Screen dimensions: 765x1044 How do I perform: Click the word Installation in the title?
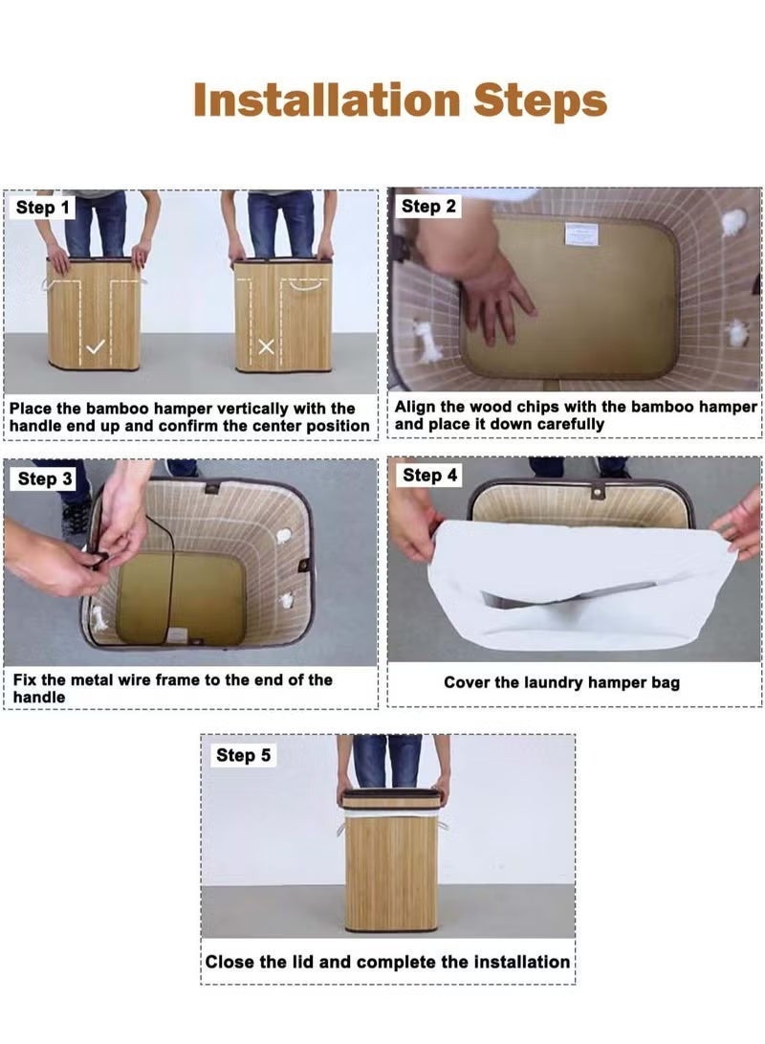(327, 100)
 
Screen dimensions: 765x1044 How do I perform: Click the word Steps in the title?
(540, 100)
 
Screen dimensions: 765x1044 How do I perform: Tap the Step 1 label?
(43, 207)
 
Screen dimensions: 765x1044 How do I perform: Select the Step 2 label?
(428, 207)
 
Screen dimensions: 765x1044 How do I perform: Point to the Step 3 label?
(45, 478)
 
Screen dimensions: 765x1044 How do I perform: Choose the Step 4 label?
(429, 476)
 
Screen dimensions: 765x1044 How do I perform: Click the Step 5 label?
(243, 755)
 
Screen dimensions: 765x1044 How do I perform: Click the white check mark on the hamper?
(96, 346)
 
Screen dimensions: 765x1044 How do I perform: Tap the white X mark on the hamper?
(266, 346)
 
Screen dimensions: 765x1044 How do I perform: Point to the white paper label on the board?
(580, 235)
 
